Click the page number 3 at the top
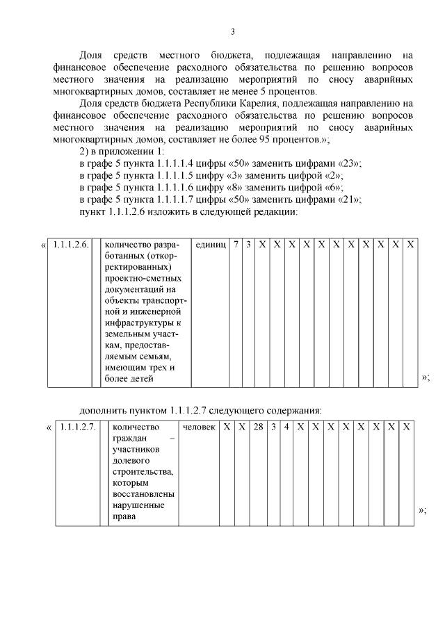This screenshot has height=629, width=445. [232, 31]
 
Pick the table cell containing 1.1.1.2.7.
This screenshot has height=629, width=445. [78, 426]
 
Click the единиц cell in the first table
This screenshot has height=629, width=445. [211, 245]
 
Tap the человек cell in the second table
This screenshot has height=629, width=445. [199, 426]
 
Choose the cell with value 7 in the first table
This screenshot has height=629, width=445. [236, 245]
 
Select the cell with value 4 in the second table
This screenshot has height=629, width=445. [286, 426]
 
